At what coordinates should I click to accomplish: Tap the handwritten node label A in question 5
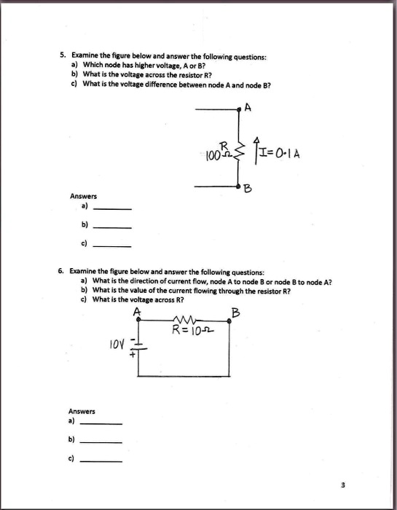click(248, 109)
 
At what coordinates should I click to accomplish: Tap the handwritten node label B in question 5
click(248, 189)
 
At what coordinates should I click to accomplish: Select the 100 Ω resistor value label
click(211, 154)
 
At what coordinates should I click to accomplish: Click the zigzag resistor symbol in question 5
click(237, 149)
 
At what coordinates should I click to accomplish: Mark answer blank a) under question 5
click(114, 208)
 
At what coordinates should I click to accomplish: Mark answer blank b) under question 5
click(114, 227)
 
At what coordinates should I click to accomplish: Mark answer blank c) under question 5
click(114, 245)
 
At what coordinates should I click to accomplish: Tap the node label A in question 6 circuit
click(138, 313)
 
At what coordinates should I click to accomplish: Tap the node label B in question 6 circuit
click(235, 314)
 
